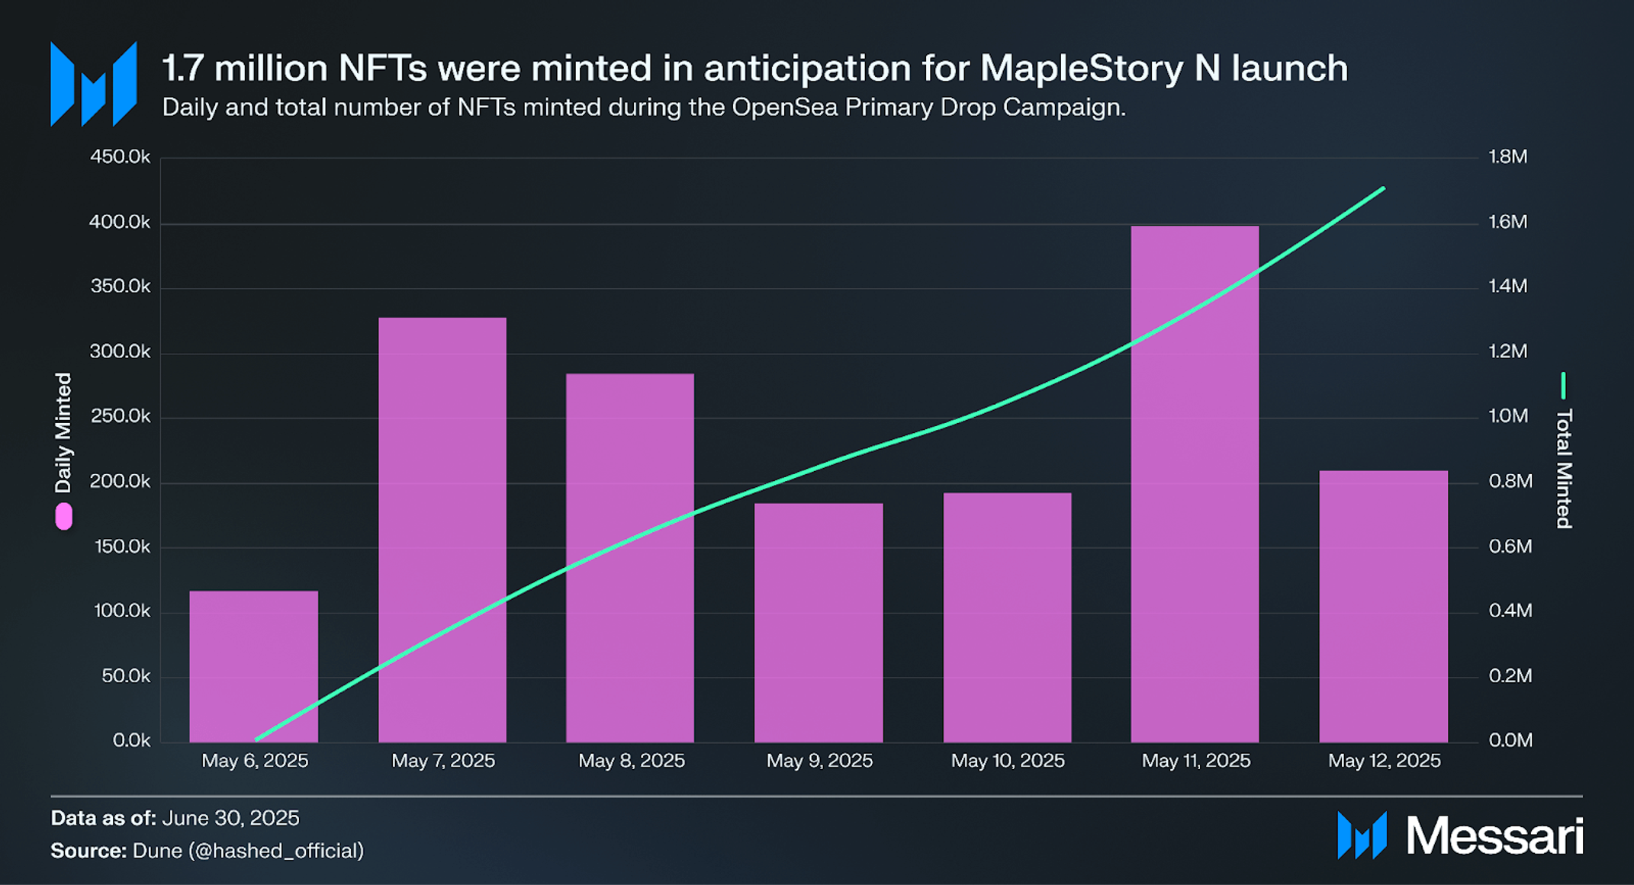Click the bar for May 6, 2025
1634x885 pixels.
click(253, 666)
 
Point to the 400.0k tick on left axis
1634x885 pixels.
click(120, 222)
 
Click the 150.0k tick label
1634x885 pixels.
click(120, 547)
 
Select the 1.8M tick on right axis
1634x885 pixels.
click(1508, 156)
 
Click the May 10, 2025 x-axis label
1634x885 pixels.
click(1007, 761)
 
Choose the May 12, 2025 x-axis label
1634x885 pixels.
click(1384, 761)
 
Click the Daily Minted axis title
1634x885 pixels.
click(63, 433)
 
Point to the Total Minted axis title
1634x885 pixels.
click(1564, 468)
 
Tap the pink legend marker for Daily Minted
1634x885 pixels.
click(64, 516)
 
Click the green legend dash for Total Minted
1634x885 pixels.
click(1563, 386)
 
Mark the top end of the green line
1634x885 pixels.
click(1383, 188)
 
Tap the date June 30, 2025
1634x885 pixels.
click(230, 818)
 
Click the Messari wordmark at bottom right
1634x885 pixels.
click(1494, 836)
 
